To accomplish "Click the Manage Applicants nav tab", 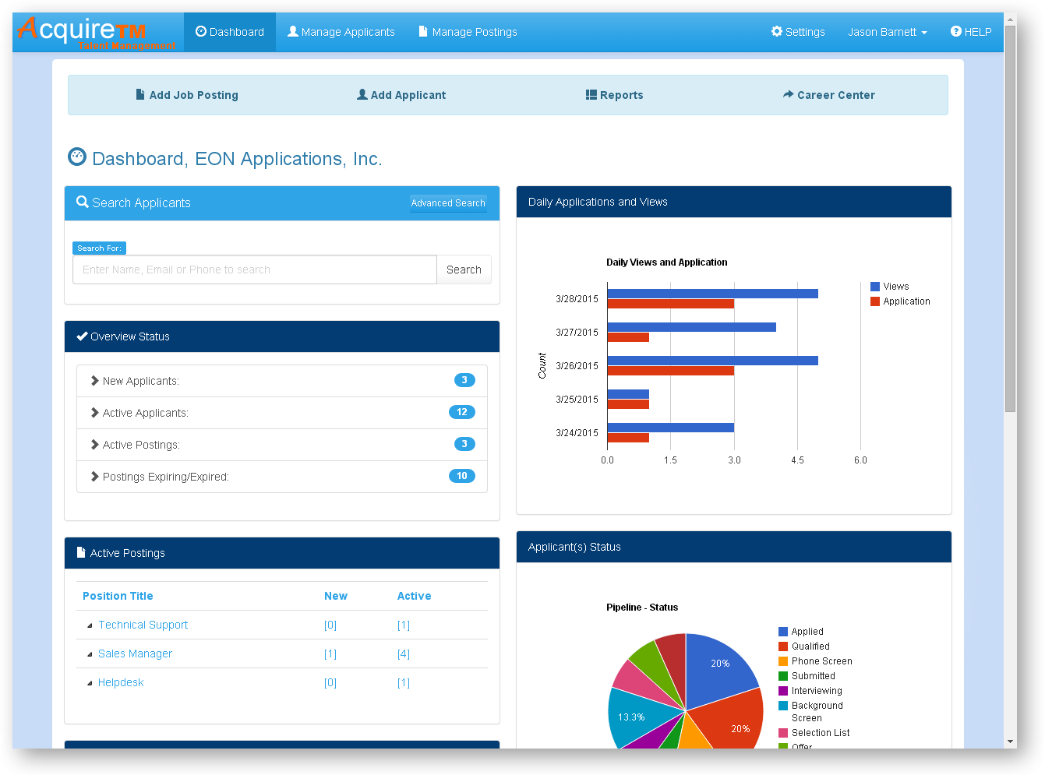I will [x=341, y=32].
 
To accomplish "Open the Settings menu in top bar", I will [x=798, y=32].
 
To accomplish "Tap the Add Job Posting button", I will [x=187, y=95].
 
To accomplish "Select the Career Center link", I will [x=828, y=95].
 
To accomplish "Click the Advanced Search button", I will [x=448, y=203].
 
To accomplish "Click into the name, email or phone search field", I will [x=254, y=269].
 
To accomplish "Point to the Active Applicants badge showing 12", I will [x=462, y=412].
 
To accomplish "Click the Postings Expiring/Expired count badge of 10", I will [x=462, y=476].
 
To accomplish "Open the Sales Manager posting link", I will [x=135, y=653].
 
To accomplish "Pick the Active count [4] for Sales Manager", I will [x=404, y=654].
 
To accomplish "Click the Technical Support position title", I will [x=143, y=625].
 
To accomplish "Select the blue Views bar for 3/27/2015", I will [x=691, y=327].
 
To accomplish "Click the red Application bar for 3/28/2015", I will [x=670, y=304].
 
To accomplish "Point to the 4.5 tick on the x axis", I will [x=797, y=460].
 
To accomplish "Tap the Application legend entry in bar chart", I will [x=906, y=301].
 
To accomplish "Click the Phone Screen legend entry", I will [x=821, y=661].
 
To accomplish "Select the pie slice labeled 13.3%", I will [x=635, y=718].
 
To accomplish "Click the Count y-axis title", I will [x=542, y=365].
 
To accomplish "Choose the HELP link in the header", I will [x=971, y=32].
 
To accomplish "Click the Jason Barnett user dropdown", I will [x=887, y=32].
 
